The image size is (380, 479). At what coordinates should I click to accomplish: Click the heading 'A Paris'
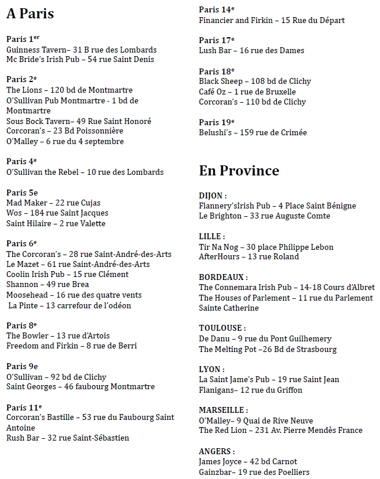pyautogui.click(x=30, y=13)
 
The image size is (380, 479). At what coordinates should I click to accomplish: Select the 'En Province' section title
pyautogui.click(x=239, y=171)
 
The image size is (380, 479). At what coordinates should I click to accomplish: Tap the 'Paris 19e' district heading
pyautogui.click(x=217, y=122)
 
